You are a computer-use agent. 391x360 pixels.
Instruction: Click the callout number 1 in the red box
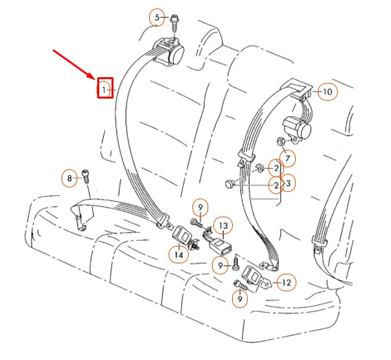click(x=105, y=88)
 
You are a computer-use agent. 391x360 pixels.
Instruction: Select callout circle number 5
click(x=156, y=18)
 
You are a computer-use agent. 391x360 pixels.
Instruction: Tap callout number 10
click(x=327, y=91)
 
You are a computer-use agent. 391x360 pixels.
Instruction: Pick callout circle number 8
click(x=69, y=177)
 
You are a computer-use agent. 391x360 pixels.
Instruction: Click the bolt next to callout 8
click(x=86, y=175)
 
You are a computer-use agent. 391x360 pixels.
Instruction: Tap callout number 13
click(x=222, y=226)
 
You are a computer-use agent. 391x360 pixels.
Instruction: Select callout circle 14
click(x=178, y=255)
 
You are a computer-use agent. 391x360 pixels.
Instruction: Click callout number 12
click(x=285, y=282)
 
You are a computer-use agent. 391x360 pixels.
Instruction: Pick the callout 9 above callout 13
click(x=201, y=208)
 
